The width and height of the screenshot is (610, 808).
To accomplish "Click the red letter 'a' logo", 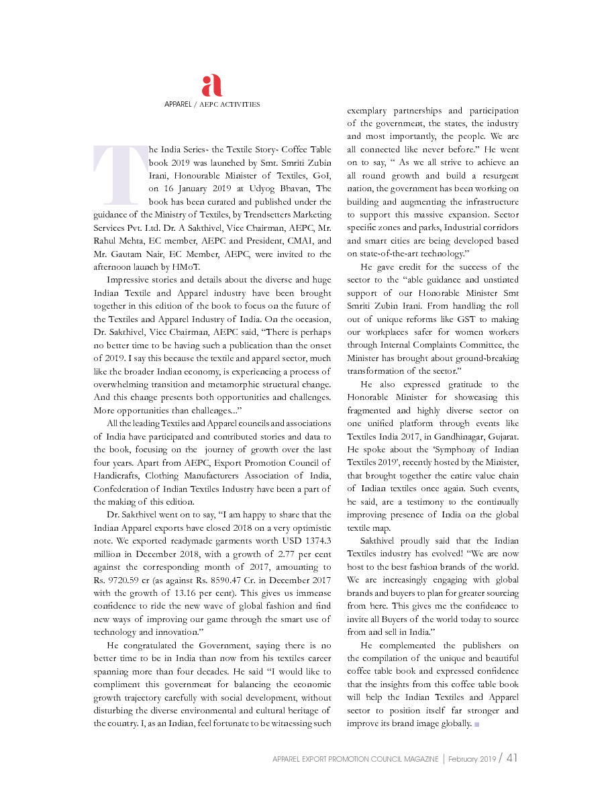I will [211, 86].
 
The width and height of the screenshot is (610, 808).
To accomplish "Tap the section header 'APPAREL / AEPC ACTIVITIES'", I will [212, 105].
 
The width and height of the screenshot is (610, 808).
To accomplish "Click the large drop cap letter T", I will [120, 174].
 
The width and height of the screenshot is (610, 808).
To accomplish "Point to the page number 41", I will [511, 758].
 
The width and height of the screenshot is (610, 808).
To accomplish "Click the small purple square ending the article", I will [476, 724].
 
